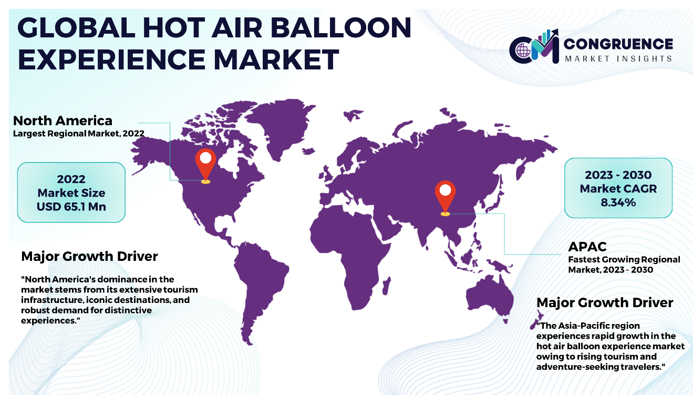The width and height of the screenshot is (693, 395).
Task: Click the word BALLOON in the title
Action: [x=341, y=28]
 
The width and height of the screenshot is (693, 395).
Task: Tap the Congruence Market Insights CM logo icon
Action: [x=534, y=47]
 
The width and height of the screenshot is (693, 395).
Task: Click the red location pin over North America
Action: [x=205, y=166]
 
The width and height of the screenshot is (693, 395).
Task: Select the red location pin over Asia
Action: [x=445, y=198]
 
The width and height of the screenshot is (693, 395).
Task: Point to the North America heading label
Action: [x=63, y=120]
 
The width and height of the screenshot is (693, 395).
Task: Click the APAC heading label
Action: [x=587, y=247]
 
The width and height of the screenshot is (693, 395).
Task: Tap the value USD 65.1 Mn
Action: [x=71, y=207]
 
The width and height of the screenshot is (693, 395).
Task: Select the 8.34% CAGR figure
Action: [x=618, y=202]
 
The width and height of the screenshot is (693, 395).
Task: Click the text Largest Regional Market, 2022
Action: [x=79, y=134]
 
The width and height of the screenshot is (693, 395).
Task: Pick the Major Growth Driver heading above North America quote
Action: [x=89, y=257]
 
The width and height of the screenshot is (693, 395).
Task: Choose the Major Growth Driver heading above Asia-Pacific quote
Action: [x=605, y=302]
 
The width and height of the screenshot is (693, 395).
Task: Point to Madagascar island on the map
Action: [x=386, y=286]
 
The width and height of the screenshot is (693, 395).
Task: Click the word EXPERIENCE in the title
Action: [x=112, y=59]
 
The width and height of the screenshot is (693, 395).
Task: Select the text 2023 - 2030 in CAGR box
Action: [x=618, y=175]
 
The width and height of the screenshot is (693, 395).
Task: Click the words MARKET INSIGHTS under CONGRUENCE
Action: [x=618, y=58]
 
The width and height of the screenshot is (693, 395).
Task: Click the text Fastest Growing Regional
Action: [x=624, y=260]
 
